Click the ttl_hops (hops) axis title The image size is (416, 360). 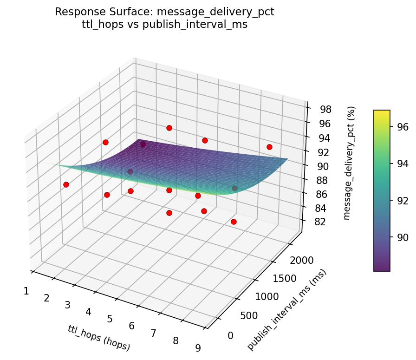pos(99,338)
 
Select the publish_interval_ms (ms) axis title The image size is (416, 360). pos(287,310)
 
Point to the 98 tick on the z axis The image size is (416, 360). pos(326,110)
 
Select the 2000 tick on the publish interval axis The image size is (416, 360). pos(301,261)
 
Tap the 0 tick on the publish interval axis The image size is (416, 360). pos(231,335)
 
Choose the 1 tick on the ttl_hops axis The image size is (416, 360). pos(26,291)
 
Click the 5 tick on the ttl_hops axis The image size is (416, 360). pos(110,319)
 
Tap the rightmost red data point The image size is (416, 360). pos(269,147)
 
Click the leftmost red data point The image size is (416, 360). pos(66,184)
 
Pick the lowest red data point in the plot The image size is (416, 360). pos(234,222)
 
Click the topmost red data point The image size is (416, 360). pos(169,128)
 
